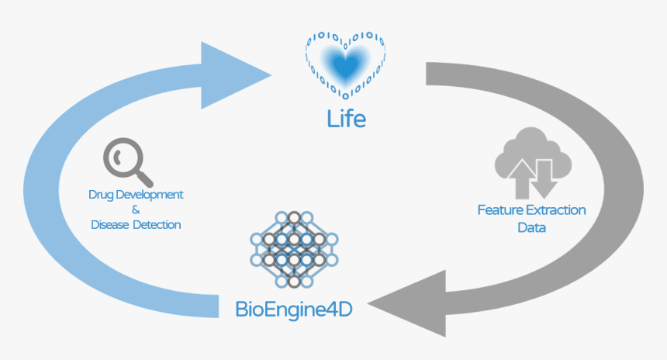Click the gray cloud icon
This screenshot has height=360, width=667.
coord(533,164)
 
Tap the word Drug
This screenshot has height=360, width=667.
coord(101,194)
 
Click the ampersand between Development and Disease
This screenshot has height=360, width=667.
coord(136,209)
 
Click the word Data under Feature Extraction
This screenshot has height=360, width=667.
coord(532,227)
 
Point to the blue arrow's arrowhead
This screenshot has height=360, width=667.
coord(233,74)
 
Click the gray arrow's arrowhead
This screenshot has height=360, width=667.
coord(411,303)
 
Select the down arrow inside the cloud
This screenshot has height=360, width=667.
coord(544,176)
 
